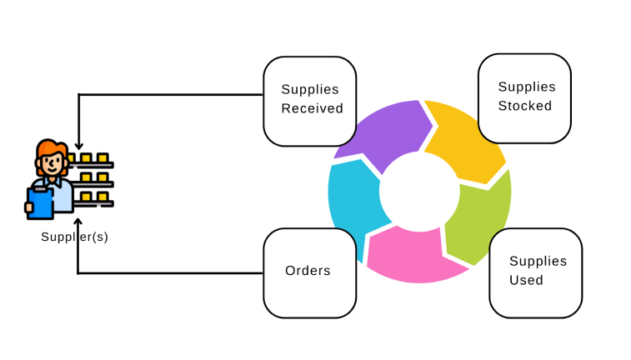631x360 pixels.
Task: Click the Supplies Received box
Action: click(309, 100)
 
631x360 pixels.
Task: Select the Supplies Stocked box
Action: click(523, 97)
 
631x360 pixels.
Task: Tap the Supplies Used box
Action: click(535, 272)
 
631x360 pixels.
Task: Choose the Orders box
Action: click(308, 271)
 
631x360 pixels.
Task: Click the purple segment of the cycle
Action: click(383, 133)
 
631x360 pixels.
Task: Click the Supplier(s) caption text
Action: click(75, 237)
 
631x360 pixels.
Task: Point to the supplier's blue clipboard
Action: click(40, 202)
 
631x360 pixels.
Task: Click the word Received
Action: click(312, 108)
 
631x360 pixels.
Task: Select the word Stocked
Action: click(525, 106)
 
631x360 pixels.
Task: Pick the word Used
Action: click(526, 280)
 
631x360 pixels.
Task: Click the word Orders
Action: click(308, 271)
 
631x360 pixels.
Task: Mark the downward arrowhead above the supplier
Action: click(78, 147)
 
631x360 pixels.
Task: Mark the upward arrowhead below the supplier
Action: click(78, 222)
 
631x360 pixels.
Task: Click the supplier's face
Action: click(53, 164)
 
